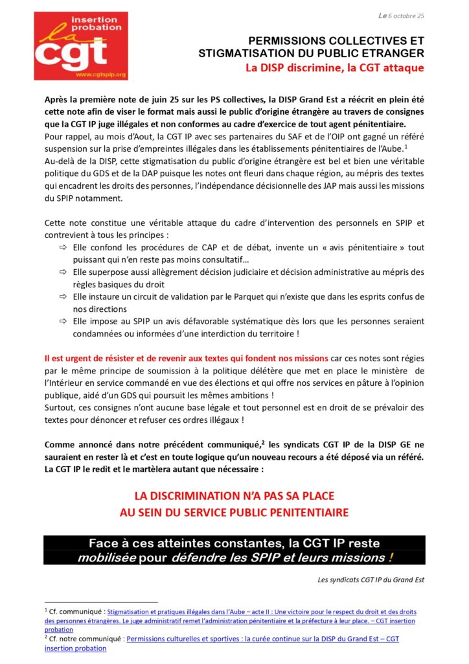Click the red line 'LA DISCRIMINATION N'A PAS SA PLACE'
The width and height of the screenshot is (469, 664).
pyautogui.click(x=234, y=496)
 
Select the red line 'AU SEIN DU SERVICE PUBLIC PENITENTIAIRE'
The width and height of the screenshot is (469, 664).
pyautogui.click(x=234, y=512)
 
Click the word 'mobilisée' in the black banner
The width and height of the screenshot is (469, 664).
pyautogui.click(x=106, y=558)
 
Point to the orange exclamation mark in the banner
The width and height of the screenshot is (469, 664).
pyautogui.click(x=390, y=558)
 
